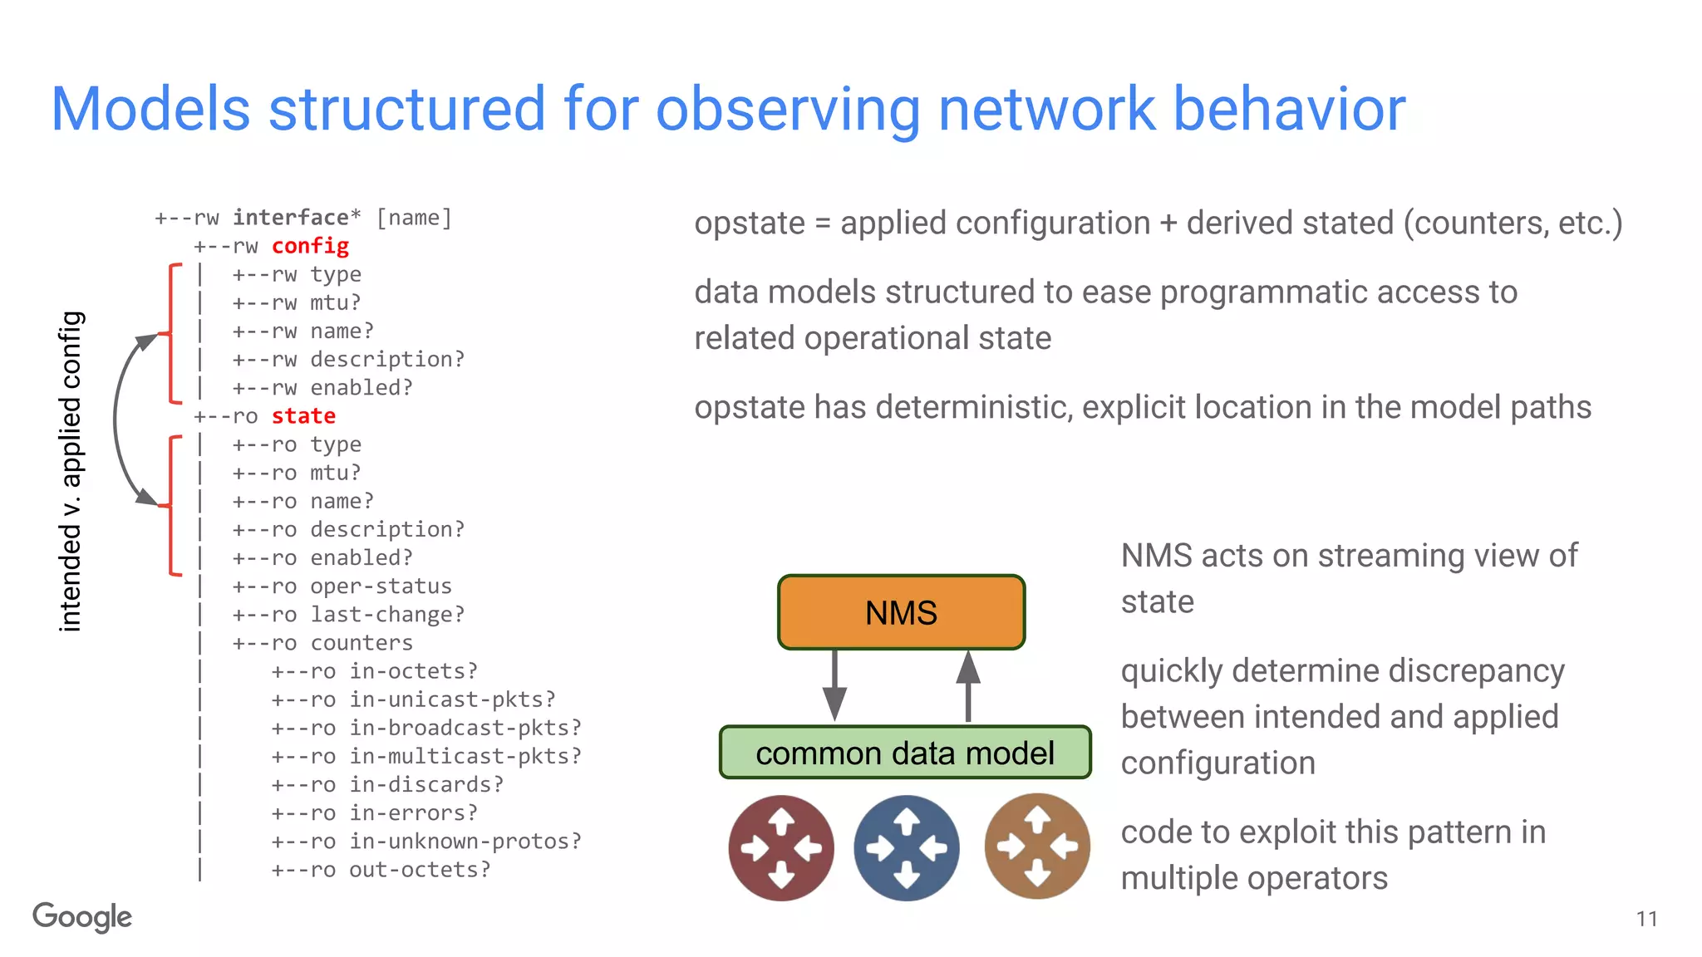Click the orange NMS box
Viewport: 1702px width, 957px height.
click(x=901, y=612)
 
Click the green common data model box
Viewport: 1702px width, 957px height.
click(x=904, y=753)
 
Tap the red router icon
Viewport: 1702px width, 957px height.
click(x=781, y=848)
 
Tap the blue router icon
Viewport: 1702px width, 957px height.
click(x=906, y=848)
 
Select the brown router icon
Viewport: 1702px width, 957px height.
click(x=1036, y=847)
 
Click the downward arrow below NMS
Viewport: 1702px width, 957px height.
click(x=834, y=686)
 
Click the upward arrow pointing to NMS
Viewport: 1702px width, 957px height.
click(x=968, y=686)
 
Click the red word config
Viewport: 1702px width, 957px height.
click(x=310, y=246)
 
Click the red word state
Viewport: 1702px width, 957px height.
click(x=303, y=416)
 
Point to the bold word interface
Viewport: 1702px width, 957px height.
click(x=290, y=218)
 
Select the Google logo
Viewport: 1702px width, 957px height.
click(x=82, y=917)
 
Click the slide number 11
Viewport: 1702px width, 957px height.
click(x=1646, y=919)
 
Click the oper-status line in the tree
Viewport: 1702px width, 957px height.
click(x=381, y=586)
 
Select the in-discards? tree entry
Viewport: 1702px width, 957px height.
click(x=425, y=785)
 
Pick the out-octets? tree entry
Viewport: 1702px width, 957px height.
click(x=420, y=870)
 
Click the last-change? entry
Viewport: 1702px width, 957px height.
click(x=387, y=615)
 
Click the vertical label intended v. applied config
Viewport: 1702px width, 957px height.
click(x=71, y=471)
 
